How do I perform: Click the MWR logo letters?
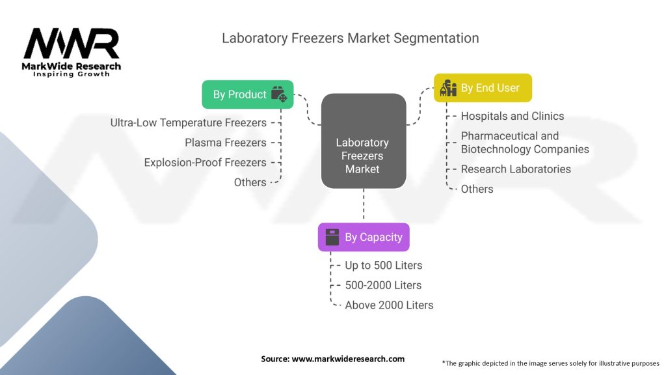point(72,44)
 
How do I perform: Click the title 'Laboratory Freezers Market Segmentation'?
point(350,38)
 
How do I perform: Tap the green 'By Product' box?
point(248,94)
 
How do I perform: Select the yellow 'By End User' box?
point(483,88)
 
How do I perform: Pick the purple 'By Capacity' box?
point(364,237)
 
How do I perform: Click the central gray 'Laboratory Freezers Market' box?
point(363,156)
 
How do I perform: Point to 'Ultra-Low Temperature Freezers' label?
point(188,122)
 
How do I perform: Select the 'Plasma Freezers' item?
point(225,143)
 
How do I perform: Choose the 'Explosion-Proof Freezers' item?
point(205,162)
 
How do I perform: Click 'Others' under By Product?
point(250,182)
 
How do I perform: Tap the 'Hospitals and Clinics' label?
point(512,116)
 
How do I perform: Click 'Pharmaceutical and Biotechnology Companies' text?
point(524,143)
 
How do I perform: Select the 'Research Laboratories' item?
point(515,169)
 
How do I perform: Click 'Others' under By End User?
point(477,189)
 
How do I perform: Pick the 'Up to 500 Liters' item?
point(383,265)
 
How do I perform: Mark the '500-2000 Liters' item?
point(383,285)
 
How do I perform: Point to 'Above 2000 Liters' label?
point(388,305)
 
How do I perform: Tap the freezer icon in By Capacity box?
point(332,237)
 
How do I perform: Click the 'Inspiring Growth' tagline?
point(72,74)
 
